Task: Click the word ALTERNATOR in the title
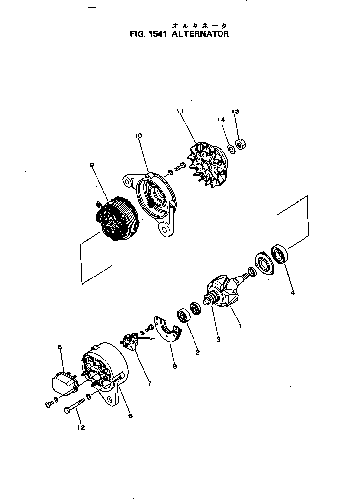[x=200, y=35]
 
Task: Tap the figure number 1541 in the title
[x=156, y=35]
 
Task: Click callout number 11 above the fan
[x=180, y=112]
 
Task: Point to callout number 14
[x=221, y=120]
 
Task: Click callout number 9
[x=91, y=166]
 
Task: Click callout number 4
[x=293, y=293]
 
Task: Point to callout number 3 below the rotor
[x=218, y=339]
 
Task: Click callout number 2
[x=197, y=352]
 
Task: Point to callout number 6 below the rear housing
[x=130, y=416]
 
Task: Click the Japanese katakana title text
[x=199, y=25]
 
